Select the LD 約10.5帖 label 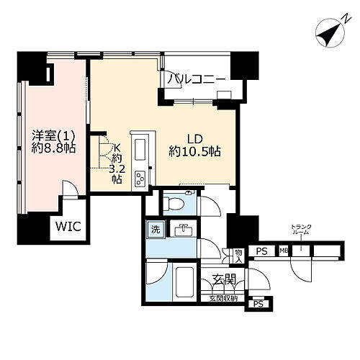click(x=194, y=144)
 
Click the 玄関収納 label click(x=224, y=297)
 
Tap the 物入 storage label click(x=238, y=256)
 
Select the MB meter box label click(x=283, y=252)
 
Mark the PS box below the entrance click(x=258, y=305)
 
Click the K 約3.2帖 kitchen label click(x=115, y=166)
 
